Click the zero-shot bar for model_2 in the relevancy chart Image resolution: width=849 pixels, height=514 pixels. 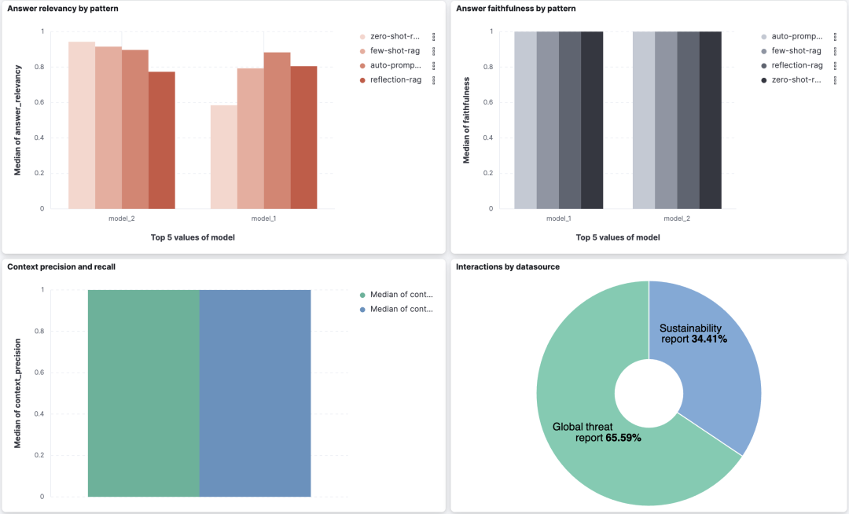tap(82, 125)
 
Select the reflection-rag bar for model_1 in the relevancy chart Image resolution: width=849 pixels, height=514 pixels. tap(303, 138)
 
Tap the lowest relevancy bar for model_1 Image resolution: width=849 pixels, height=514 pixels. tap(224, 157)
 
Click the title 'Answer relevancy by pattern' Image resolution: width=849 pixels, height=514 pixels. tap(63, 9)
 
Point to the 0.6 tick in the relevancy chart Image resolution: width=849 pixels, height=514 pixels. tap(39, 102)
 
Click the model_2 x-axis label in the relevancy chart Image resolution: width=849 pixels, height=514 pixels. tap(121, 218)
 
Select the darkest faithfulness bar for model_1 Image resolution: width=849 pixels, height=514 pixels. tap(592, 120)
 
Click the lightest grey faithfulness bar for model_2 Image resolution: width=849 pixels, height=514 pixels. tap(644, 120)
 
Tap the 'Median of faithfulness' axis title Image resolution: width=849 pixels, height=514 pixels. tap(466, 120)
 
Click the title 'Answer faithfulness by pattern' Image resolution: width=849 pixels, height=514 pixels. tap(516, 9)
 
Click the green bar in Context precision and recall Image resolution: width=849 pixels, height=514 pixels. tap(144, 393)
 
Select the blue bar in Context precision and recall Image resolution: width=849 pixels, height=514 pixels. tap(255, 393)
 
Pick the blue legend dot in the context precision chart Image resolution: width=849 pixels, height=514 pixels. tap(362, 310)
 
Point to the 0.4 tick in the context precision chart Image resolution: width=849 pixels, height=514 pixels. tap(39, 414)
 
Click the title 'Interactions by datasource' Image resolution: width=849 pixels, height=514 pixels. tap(508, 266)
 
